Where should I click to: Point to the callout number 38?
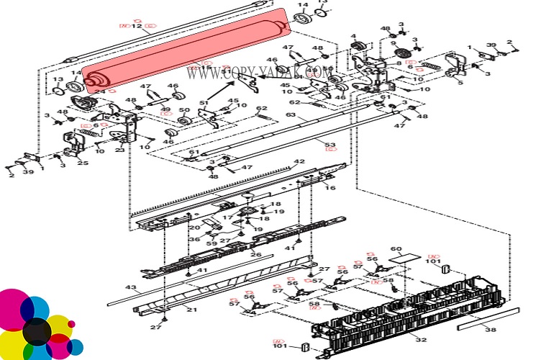490,330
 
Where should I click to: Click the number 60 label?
396,249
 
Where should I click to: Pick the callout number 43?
130,288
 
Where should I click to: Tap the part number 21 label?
191,309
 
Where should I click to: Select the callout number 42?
299,162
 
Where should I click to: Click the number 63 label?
291,114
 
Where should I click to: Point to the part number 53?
329,145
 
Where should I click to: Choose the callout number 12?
136,27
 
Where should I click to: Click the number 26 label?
255,254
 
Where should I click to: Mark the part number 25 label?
83,163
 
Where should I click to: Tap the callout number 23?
119,150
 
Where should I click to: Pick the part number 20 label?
194,228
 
